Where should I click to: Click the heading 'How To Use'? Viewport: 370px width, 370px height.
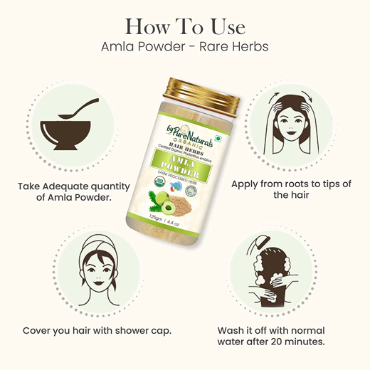point(185,27)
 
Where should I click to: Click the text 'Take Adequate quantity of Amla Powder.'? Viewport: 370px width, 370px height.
point(75,191)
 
